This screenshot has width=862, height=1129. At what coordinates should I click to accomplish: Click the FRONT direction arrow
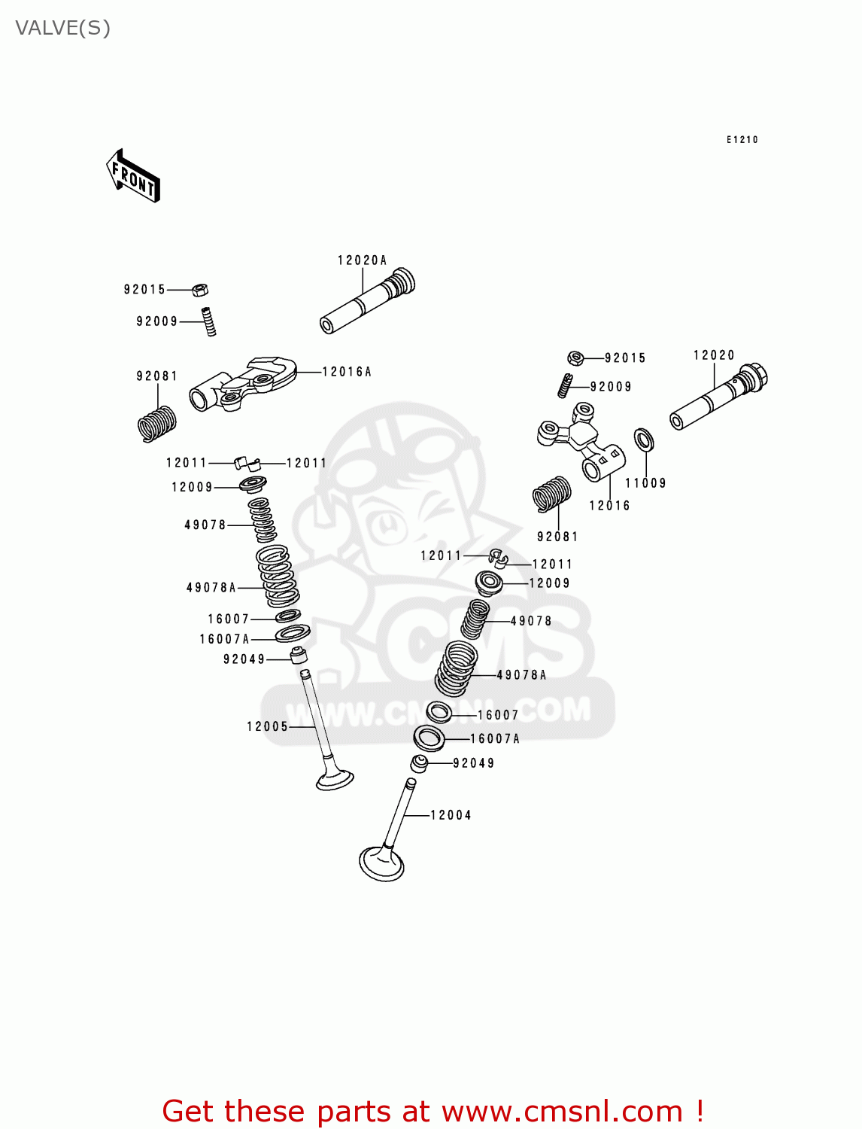133,176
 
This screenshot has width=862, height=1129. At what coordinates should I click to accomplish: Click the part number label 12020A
362,260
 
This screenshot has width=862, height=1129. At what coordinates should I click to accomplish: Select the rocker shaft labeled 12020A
367,301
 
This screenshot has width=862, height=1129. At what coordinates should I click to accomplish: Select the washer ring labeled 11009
644,440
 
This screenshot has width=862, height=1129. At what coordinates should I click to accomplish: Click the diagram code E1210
742,139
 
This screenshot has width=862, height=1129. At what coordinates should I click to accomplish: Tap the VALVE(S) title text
63,29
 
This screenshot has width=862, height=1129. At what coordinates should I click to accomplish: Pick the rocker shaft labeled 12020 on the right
718,397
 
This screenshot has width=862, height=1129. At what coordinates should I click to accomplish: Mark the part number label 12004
451,815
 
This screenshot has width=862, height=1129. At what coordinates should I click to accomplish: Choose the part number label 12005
267,726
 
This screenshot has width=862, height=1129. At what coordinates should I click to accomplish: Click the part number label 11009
645,483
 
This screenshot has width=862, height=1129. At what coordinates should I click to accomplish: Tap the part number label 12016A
347,372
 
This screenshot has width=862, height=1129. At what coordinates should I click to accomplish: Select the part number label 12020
714,355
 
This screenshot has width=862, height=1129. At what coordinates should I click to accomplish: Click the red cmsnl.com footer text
433,1111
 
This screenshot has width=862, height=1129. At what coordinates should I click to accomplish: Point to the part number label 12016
609,506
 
